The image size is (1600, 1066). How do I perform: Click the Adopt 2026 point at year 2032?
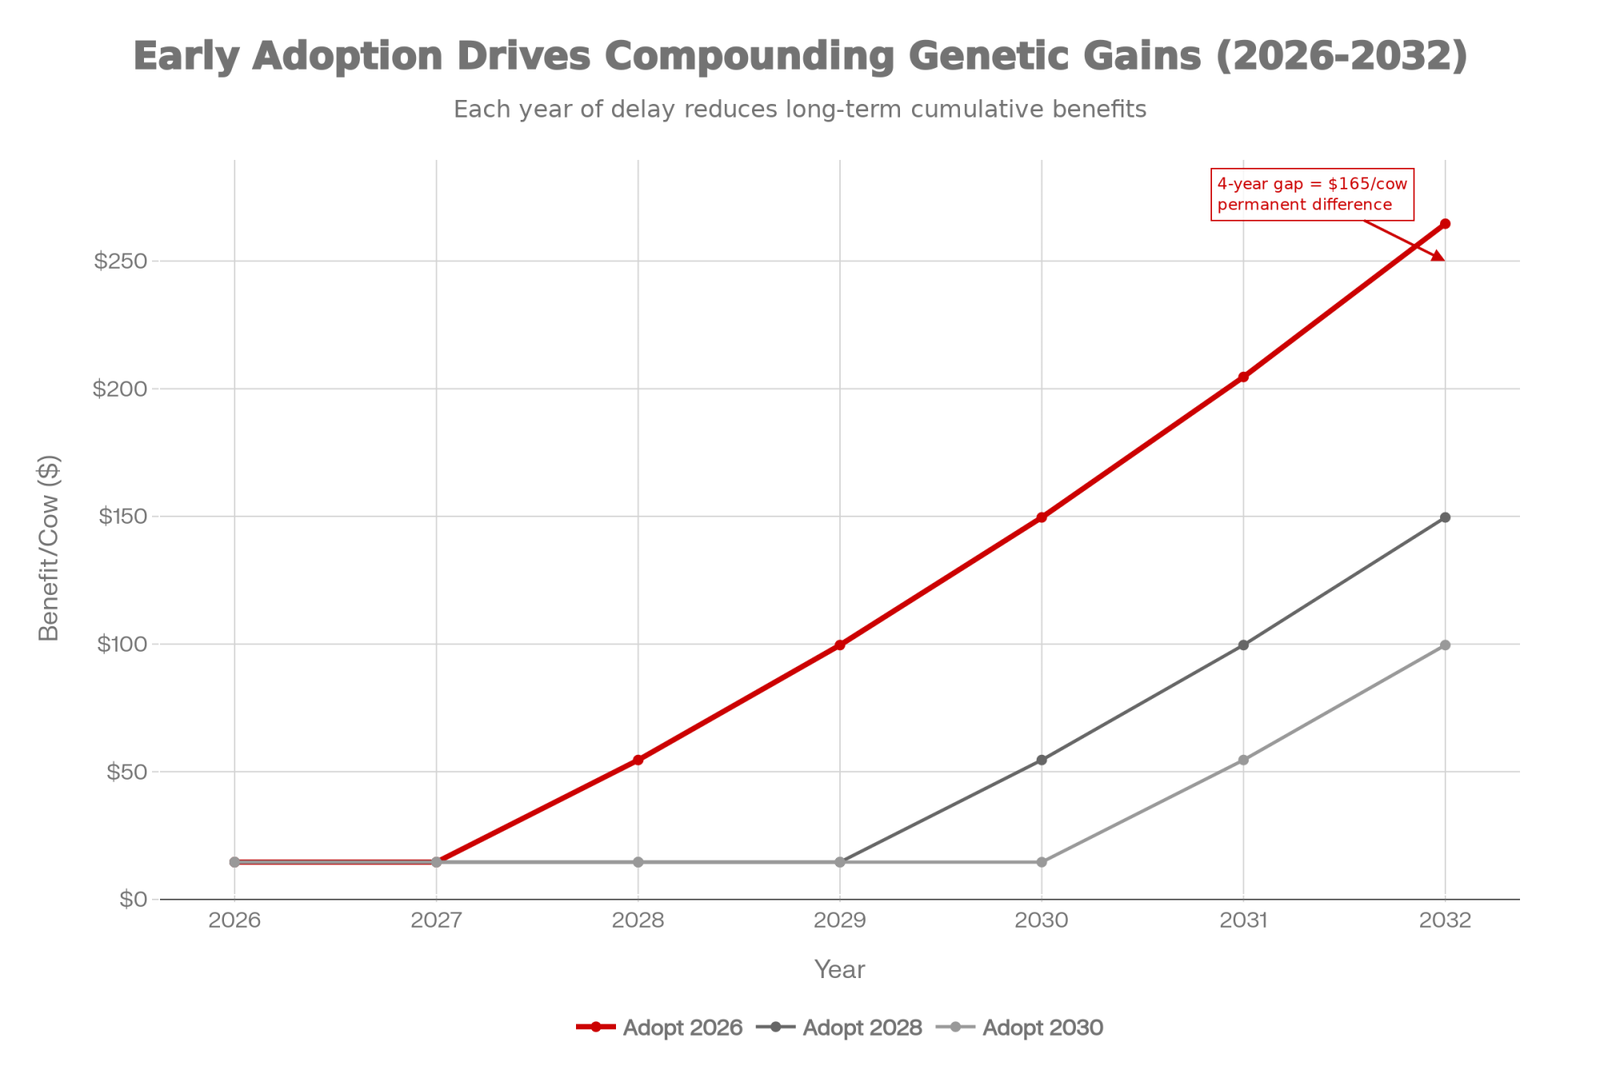tap(1445, 224)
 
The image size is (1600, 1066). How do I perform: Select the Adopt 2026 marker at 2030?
tap(1042, 517)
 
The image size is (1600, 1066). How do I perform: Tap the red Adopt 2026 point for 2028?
tap(638, 760)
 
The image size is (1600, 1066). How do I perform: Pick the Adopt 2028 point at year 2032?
tap(1445, 517)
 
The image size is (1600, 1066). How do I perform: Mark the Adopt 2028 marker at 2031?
tap(1243, 645)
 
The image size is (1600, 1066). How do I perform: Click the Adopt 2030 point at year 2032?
tap(1445, 645)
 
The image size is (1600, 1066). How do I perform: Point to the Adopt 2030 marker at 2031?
tap(1243, 760)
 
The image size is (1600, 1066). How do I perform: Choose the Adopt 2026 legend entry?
tap(660, 1028)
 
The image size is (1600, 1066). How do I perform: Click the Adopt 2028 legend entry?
tap(840, 1028)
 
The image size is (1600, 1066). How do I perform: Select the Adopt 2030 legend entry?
tap(1020, 1028)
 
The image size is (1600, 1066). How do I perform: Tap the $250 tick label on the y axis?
tap(121, 262)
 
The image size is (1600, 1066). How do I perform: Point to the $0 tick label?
tap(133, 900)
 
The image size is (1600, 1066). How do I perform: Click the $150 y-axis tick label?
tap(122, 517)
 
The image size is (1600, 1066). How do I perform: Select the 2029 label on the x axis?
tap(840, 920)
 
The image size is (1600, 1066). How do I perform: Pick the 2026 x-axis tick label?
tap(234, 920)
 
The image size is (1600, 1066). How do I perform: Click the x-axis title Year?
tap(839, 969)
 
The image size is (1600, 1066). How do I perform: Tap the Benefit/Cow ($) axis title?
tap(50, 548)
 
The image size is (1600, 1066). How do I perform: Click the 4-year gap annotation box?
tap(1312, 194)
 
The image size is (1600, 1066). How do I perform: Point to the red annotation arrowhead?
tap(1438, 256)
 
